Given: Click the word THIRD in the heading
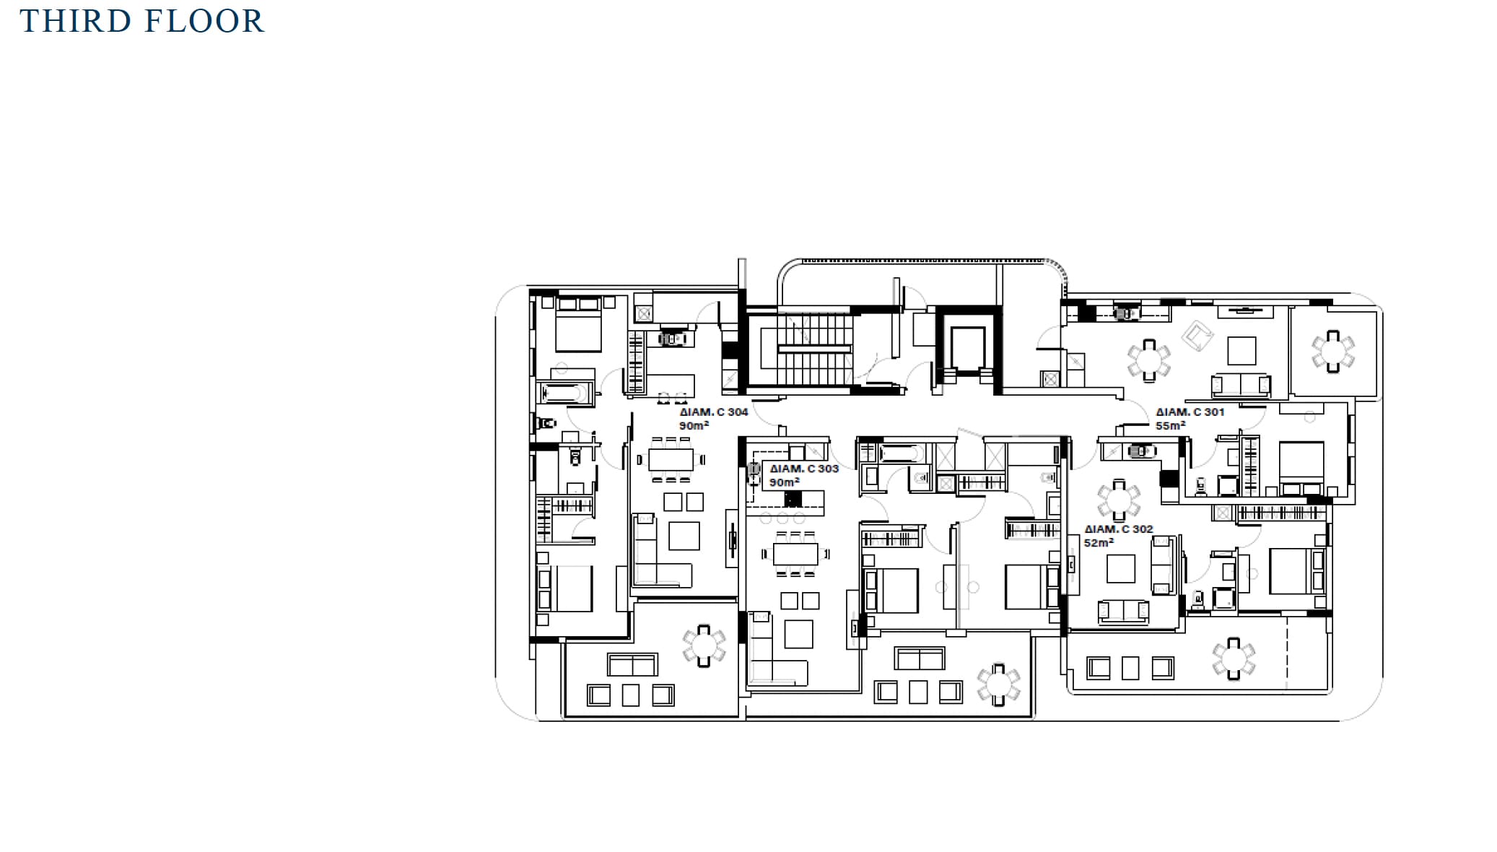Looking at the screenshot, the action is click(x=76, y=21).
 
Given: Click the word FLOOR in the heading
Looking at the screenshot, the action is click(x=204, y=21).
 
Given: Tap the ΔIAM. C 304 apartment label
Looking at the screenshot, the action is click(x=713, y=412).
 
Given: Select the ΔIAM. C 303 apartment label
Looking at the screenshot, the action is click(x=804, y=469).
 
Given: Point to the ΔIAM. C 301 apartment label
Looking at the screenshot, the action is click(x=1190, y=412).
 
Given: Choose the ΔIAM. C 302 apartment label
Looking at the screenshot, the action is click(x=1119, y=529).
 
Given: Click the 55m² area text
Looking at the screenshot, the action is click(x=1170, y=425).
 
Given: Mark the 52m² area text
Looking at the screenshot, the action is click(x=1099, y=542).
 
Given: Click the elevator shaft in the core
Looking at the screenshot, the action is click(x=968, y=349).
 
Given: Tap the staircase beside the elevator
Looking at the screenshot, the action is click(x=814, y=349).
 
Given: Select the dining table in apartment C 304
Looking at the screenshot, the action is click(x=671, y=459).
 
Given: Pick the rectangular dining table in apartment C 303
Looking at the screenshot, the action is click(x=795, y=554).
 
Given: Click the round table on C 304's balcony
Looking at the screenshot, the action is click(x=704, y=645).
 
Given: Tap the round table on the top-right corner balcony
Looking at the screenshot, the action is click(x=1332, y=352).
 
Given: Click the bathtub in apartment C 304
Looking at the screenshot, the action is click(x=567, y=394).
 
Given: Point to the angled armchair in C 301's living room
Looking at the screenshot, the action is click(x=1197, y=336).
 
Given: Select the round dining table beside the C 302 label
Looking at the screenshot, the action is click(x=1119, y=500).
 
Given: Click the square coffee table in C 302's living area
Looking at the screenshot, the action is click(x=1120, y=568).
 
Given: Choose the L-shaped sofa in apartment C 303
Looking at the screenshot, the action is click(x=775, y=648).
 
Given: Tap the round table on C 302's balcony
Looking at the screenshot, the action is click(x=1234, y=658).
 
